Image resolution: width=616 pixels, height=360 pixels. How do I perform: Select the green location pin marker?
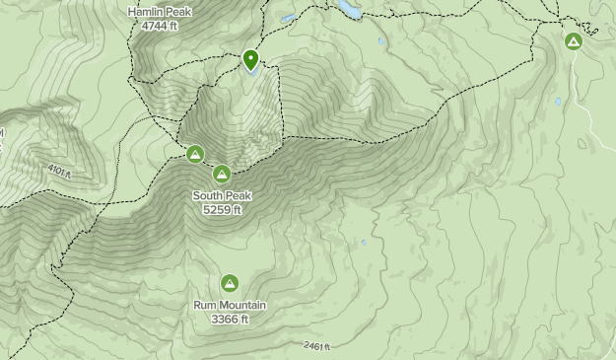pos(251,60)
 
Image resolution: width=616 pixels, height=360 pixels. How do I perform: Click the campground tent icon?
pos(574,41)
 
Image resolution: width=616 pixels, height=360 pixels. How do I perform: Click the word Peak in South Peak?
pos(238,196)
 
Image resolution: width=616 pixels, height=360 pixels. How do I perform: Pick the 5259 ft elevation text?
pos(222,210)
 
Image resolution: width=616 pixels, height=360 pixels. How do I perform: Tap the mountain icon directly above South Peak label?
pos(222,175)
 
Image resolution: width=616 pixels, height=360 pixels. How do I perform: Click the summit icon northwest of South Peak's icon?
pos(195,154)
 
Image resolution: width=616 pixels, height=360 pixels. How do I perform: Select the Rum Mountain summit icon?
pos(230,283)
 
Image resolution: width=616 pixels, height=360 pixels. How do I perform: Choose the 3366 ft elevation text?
pos(230,319)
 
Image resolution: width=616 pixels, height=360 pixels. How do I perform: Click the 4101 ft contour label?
pos(59,171)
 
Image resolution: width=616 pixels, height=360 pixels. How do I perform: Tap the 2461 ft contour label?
pos(316,346)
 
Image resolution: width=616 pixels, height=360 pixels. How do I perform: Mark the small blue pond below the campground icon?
pos(558,101)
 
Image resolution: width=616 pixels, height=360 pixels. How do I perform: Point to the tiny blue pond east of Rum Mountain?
pos(364,243)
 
